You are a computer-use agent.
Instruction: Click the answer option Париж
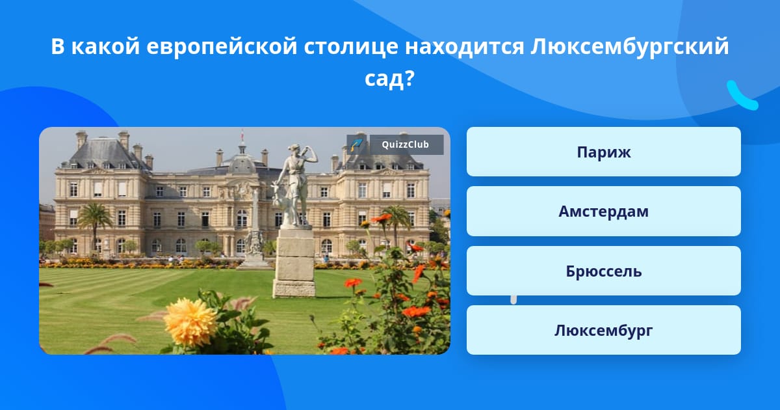point(603,152)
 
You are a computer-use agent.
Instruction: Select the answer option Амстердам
point(603,212)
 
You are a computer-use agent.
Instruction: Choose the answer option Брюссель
point(603,271)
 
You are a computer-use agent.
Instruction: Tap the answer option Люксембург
point(603,330)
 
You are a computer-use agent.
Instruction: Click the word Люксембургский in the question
point(630,47)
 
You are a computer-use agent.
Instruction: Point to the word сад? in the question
point(389,79)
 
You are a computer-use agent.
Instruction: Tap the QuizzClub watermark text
point(406,144)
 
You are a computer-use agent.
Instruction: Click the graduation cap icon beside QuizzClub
point(357,144)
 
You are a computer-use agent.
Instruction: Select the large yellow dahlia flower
point(190,321)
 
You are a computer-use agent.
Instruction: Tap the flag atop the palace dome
point(242,135)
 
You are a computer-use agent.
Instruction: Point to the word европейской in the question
point(222,47)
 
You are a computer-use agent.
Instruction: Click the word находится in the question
point(465,47)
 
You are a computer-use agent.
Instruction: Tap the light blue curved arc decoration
point(742,96)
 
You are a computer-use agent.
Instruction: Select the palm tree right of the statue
point(396,223)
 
